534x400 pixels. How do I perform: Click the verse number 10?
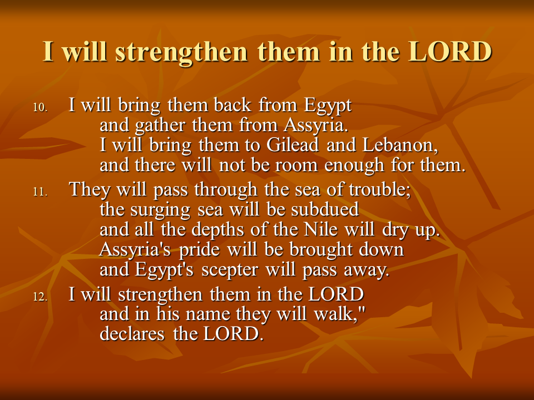point(40,107)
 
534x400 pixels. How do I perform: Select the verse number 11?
point(40,192)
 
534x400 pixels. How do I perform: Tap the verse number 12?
point(40,297)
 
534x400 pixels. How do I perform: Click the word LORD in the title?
point(450,52)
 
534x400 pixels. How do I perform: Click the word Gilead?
point(293,145)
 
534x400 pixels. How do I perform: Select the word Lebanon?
point(400,145)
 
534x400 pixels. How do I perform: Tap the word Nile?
point(320,229)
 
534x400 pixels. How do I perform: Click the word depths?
point(217,230)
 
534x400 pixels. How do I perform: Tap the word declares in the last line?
point(132,334)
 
